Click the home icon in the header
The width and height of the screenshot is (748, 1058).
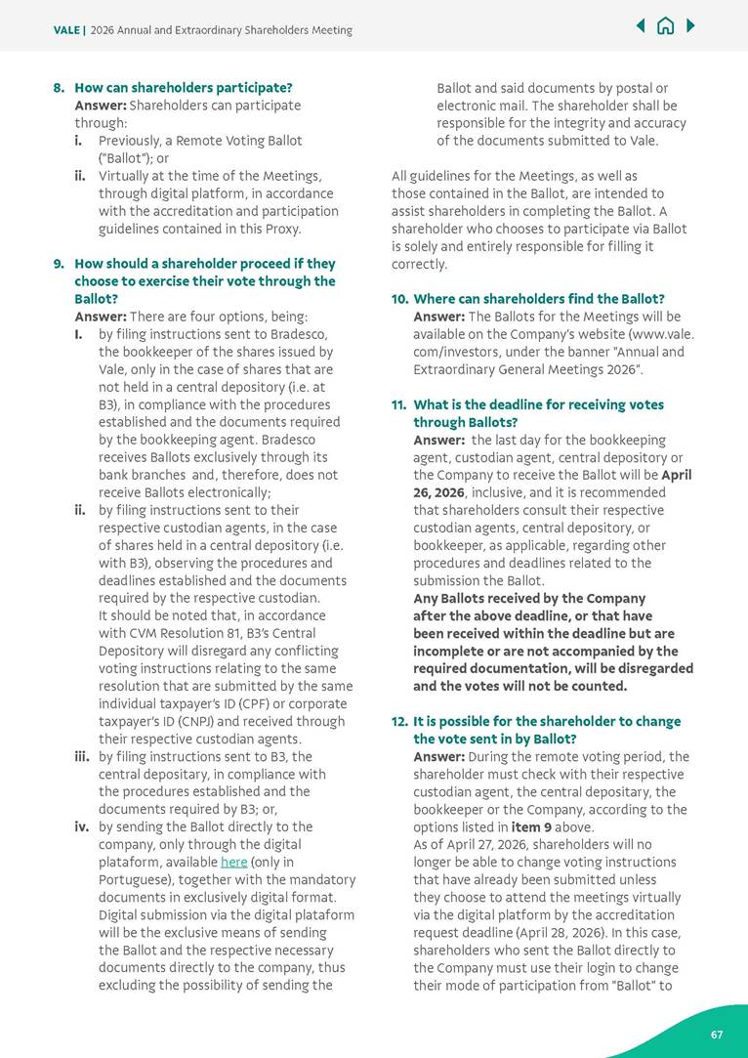665,26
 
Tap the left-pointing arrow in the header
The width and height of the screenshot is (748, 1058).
641,26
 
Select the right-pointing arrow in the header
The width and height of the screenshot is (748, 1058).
690,26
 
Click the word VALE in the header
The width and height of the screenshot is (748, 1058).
67,30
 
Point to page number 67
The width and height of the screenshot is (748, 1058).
717,1034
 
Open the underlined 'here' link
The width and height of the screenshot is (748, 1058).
233,863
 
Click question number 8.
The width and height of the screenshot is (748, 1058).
59,88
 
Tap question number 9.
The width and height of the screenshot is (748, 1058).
59,264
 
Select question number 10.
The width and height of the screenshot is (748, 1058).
398,299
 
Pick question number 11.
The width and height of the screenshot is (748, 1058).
398,404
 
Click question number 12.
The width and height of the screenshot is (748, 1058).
398,722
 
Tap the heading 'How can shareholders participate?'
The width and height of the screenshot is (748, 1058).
184,88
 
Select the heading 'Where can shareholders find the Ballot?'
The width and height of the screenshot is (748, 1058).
539,299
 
